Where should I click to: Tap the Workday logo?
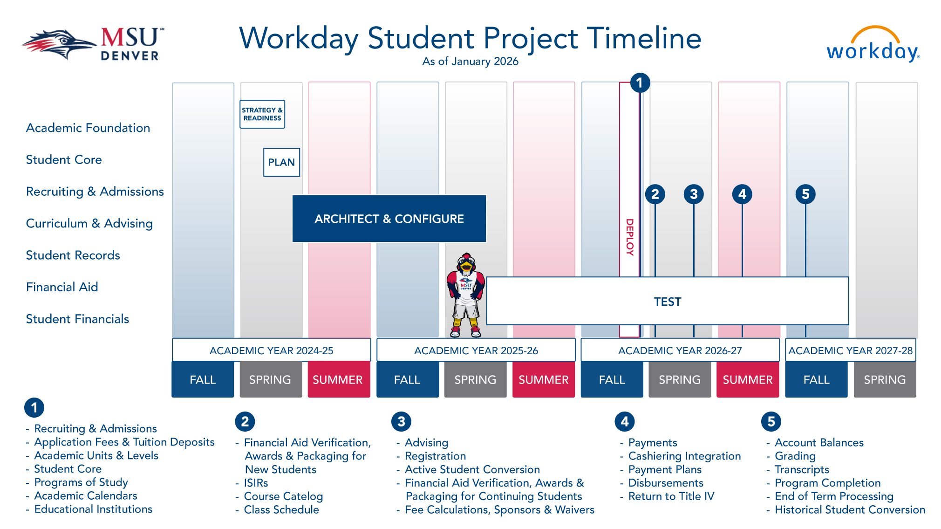click(873, 45)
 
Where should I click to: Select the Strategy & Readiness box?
click(262, 114)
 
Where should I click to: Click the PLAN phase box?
click(281, 162)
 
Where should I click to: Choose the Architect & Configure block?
click(389, 219)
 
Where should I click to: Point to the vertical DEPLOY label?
click(629, 237)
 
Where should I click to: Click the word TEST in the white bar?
click(667, 302)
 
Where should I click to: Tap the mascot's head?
click(466, 263)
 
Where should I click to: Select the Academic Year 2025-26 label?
click(476, 350)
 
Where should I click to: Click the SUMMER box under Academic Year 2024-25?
click(338, 380)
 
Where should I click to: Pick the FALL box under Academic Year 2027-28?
click(816, 380)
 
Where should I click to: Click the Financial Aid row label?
click(62, 287)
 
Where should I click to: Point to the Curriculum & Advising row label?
click(89, 223)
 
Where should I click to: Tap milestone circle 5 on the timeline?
click(805, 194)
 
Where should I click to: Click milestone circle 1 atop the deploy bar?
click(640, 83)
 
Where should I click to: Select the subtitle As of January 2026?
click(470, 62)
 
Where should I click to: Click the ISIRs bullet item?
click(256, 483)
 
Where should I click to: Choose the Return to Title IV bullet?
click(671, 496)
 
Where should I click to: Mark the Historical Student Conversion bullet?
click(850, 510)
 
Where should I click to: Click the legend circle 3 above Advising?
click(401, 421)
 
